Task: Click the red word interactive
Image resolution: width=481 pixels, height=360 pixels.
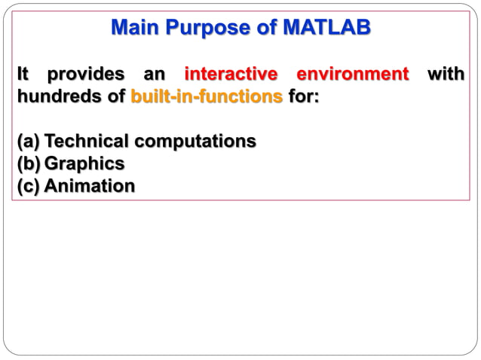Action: click(231, 75)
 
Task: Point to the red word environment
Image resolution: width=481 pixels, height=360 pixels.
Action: click(353, 75)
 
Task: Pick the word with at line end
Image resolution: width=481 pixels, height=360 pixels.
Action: click(446, 75)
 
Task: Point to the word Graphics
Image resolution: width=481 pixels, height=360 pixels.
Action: click(84, 163)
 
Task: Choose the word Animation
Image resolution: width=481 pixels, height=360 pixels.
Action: click(90, 185)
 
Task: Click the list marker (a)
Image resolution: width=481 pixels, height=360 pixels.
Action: click(29, 141)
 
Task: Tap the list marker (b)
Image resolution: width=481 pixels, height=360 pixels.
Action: click(29, 163)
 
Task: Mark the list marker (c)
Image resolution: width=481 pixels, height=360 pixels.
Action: click(29, 185)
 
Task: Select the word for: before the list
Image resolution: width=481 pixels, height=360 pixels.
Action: click(303, 97)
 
